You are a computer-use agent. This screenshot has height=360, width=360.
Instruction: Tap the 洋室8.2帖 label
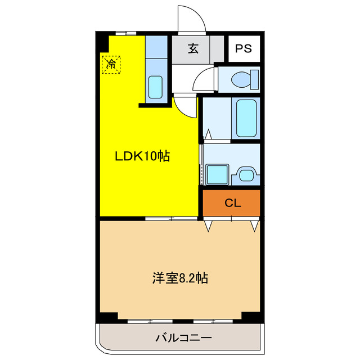(180, 277)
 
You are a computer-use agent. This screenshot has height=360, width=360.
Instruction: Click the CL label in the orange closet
(232, 204)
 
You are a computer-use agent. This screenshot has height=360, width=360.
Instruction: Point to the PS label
(244, 48)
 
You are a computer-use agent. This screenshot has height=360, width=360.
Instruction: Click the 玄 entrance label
(193, 48)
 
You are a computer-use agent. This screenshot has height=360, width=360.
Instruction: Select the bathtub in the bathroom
(246, 118)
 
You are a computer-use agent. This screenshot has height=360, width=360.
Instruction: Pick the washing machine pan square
(217, 174)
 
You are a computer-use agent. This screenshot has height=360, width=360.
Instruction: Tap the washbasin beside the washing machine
(246, 174)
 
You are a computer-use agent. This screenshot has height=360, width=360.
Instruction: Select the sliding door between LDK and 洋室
(168, 218)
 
